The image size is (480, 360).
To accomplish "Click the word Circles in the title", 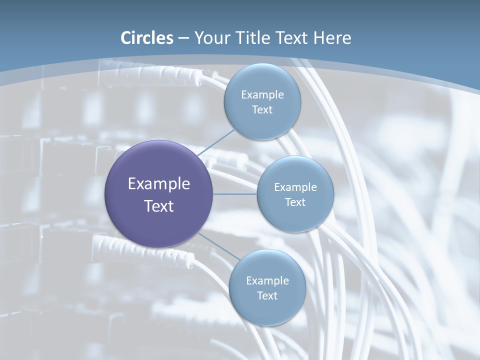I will tap(147, 38).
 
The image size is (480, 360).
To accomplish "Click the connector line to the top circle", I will tap(216, 142).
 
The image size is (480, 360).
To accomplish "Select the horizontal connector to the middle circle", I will tap(235, 194).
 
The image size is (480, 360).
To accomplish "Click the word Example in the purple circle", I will tap(159, 184).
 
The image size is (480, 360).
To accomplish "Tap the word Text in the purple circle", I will tap(159, 206).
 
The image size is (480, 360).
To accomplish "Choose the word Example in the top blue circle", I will tap(262, 95).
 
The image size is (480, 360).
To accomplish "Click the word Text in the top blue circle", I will tap(262, 110).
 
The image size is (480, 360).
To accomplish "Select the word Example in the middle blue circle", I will tap(295, 187).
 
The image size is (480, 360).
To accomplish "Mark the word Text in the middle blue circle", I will tap(295, 202).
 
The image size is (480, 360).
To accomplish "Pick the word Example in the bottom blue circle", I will tap(267, 281).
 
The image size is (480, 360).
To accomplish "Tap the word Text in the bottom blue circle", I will tap(267, 296).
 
